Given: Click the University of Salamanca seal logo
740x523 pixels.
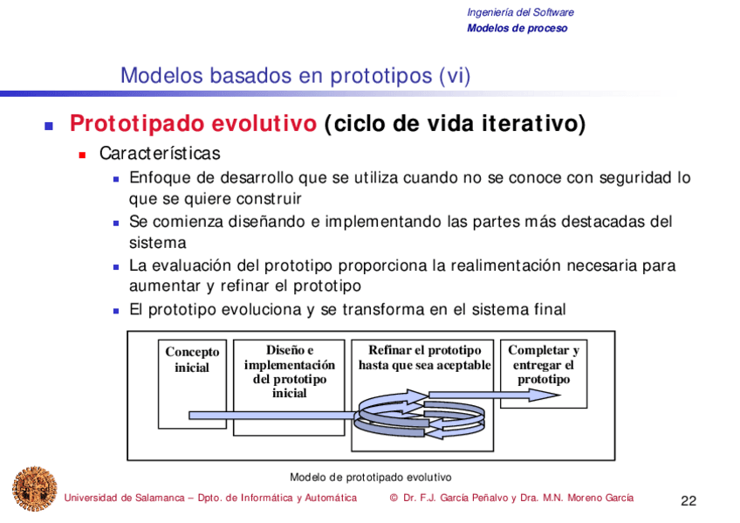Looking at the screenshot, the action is point(34,489).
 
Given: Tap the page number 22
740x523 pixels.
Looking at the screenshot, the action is point(689,501).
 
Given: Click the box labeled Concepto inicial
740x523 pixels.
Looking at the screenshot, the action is point(192,384).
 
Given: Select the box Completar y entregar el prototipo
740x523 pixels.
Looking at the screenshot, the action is point(543,374).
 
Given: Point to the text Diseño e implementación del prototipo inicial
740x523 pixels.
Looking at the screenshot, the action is point(290,371).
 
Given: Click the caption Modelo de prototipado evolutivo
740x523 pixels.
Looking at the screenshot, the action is point(371,478).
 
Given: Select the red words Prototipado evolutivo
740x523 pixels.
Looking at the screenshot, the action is point(193,124).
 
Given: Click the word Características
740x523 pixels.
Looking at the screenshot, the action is point(160,154).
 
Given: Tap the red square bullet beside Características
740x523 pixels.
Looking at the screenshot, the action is point(82,155).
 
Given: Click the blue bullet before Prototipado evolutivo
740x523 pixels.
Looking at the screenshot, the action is point(49,126).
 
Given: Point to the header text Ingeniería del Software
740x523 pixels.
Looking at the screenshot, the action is point(520,12).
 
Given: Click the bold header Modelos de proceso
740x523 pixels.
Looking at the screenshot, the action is point(517,28).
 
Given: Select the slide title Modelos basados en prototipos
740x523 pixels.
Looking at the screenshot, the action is point(276,75).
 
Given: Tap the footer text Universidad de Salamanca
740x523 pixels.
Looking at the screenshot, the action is point(124,498).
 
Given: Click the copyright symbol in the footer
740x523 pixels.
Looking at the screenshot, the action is point(394,498).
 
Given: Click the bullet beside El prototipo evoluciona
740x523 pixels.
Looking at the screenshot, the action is point(116,311).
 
